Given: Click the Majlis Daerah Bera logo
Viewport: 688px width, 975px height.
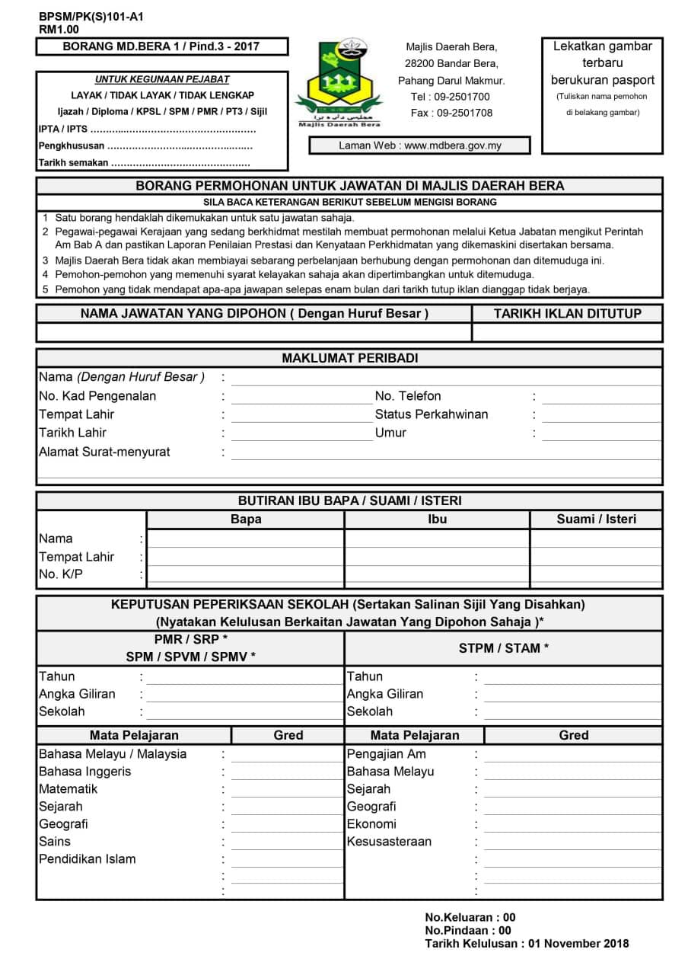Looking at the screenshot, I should [x=339, y=82].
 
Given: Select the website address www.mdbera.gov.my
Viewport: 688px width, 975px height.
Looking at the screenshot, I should [x=453, y=145].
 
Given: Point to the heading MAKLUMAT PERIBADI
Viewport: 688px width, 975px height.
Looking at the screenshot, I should [x=349, y=358].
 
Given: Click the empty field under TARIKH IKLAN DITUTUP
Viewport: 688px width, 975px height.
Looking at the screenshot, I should [x=567, y=332].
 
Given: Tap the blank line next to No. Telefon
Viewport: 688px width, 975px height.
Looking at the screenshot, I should [x=601, y=397].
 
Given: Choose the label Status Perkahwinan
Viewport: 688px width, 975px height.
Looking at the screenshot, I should [x=432, y=414].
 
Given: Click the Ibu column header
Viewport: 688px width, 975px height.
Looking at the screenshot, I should [x=437, y=519].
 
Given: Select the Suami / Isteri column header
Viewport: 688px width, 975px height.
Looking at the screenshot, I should [x=596, y=519].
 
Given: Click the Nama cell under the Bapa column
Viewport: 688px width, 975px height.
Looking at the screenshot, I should [x=245, y=539].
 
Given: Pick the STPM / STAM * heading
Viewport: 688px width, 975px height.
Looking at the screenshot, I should [x=504, y=648].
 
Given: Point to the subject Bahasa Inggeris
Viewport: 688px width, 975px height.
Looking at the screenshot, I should [x=84, y=772].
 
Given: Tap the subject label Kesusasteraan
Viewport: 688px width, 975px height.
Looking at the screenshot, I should [x=389, y=842].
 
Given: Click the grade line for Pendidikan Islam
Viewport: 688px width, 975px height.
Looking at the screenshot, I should [x=286, y=860].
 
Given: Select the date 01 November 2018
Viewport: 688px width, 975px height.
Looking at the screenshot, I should [x=578, y=944].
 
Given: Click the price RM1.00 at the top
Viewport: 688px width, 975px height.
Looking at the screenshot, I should [x=59, y=30].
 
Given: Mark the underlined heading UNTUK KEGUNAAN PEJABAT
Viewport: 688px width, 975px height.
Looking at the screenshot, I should [x=162, y=79].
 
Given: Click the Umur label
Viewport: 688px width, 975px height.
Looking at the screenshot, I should [x=390, y=433].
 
